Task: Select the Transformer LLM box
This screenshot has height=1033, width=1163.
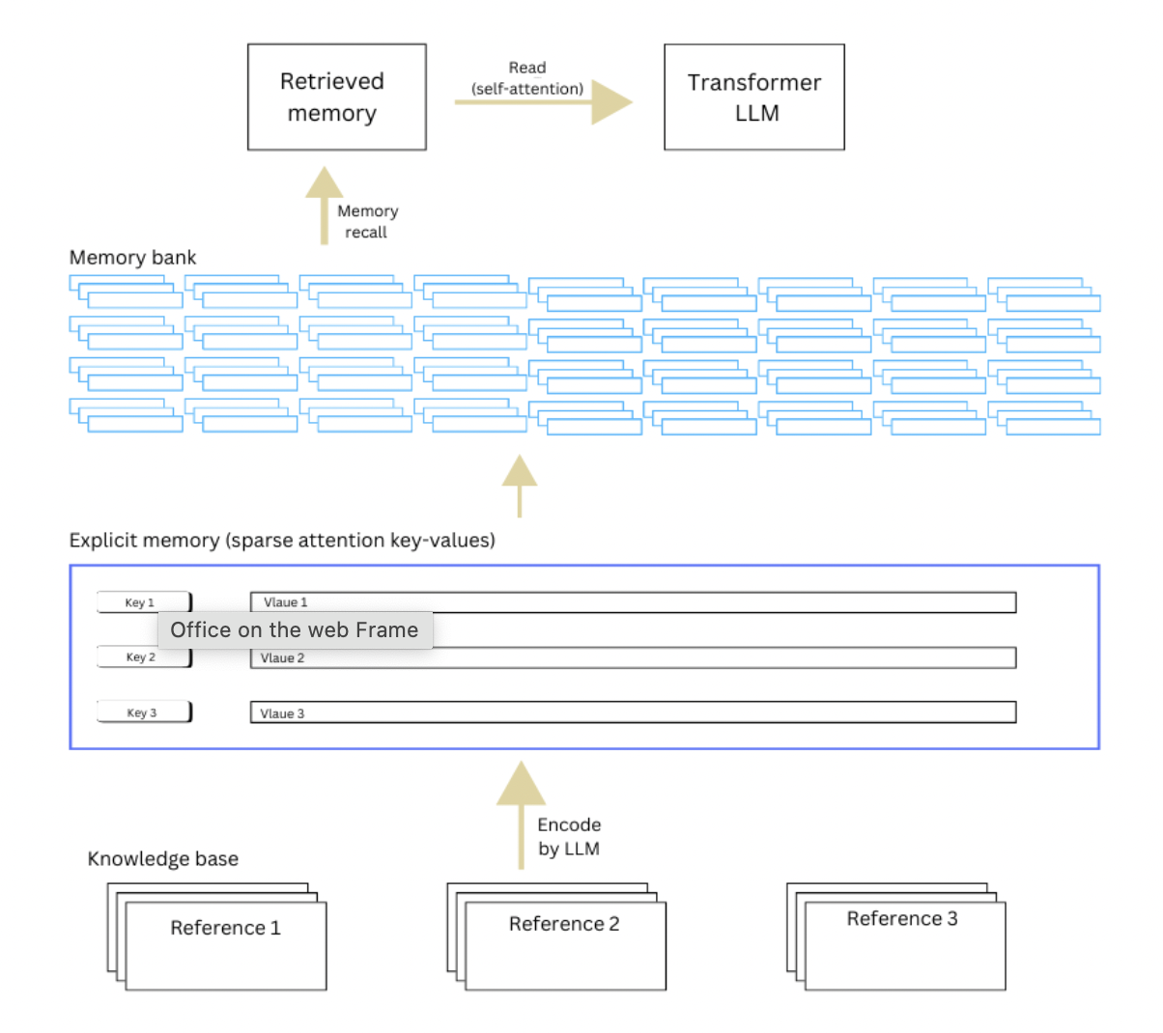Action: [753, 97]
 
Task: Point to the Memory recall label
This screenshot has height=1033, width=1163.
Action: [367, 221]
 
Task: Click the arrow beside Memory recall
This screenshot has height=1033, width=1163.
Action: [325, 205]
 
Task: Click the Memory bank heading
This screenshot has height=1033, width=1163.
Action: [132, 258]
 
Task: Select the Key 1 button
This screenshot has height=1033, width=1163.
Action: [144, 602]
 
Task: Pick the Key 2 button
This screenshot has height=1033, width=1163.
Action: [144, 657]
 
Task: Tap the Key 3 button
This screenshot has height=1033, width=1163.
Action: [144, 712]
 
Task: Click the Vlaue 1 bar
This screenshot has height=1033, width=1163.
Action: [633, 602]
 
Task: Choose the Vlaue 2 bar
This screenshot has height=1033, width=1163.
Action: [633, 658]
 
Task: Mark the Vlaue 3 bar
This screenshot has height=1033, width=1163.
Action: [633, 712]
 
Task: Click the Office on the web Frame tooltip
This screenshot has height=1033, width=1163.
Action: [295, 630]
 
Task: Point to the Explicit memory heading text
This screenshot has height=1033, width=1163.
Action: [282, 541]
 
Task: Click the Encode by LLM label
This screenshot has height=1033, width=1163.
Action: [569, 836]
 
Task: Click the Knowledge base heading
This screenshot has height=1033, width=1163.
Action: [162, 859]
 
